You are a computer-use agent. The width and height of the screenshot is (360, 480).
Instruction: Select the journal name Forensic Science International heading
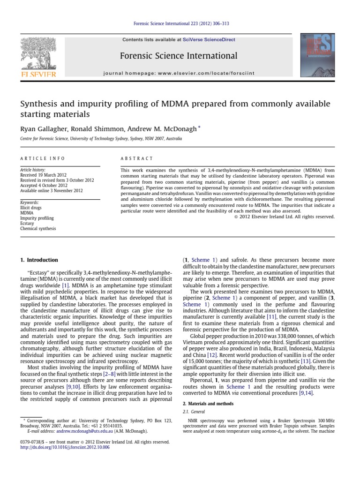179,56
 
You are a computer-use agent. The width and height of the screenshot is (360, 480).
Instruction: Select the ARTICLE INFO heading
42,158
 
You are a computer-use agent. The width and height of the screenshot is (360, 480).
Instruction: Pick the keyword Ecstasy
29,223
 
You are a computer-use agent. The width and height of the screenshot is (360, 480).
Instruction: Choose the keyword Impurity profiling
37,218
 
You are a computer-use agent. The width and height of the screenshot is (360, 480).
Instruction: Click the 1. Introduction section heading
39,260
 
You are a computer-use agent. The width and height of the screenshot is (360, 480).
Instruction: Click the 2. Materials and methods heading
208,403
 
